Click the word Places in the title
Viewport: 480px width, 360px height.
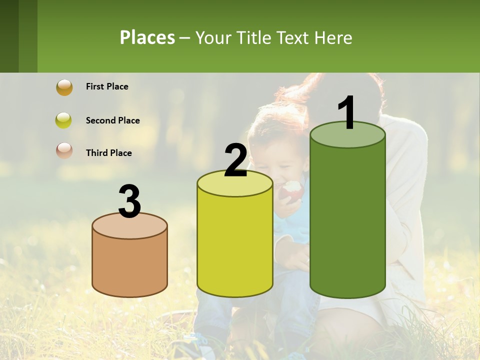click(x=147, y=37)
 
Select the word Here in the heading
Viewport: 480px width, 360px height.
click(x=334, y=37)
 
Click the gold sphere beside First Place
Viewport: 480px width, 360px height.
click(x=64, y=87)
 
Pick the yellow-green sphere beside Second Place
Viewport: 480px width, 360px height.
click(x=64, y=120)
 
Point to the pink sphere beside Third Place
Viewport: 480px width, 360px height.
click(x=64, y=150)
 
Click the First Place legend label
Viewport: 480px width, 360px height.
click(x=107, y=86)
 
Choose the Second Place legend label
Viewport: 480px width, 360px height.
click(x=112, y=120)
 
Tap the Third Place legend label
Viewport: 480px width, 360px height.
click(x=108, y=153)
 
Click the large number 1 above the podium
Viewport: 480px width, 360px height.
click(x=347, y=112)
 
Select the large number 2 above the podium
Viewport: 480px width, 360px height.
click(x=235, y=160)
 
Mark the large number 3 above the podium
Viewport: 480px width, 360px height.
click(x=129, y=202)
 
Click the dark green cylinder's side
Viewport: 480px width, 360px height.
click(x=347, y=220)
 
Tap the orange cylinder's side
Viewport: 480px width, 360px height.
click(x=129, y=265)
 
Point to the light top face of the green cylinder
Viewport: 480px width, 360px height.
click(x=347, y=135)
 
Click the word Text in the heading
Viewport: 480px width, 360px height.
click(x=296, y=37)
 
